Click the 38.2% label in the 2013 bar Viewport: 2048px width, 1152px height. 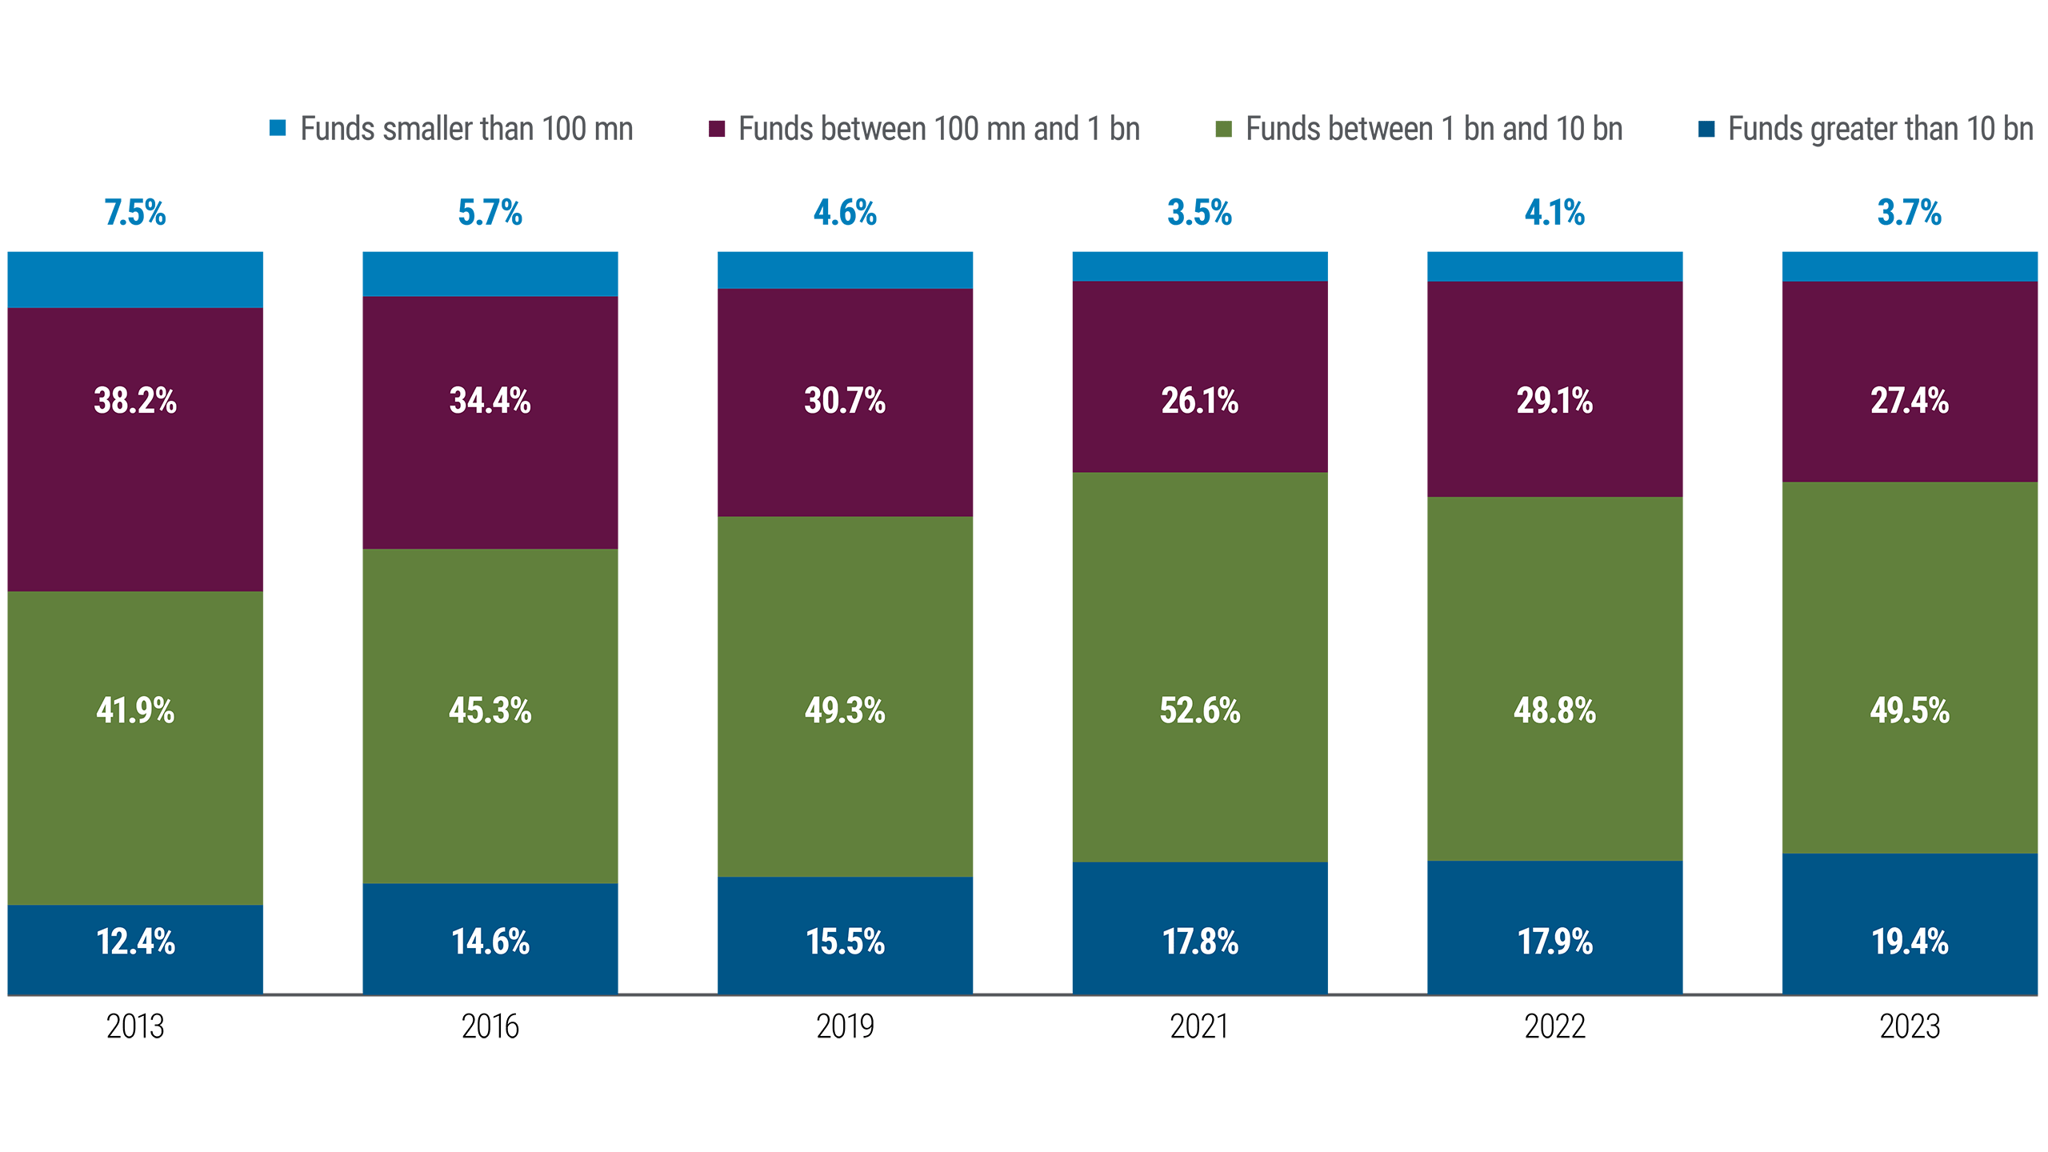pos(135,401)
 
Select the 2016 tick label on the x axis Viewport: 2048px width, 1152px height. pos(490,1026)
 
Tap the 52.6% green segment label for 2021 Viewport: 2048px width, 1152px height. pos(1199,710)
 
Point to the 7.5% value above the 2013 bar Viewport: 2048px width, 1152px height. pos(135,213)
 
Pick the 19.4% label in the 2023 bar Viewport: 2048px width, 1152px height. pos(1910,942)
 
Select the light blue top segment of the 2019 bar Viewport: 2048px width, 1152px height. pos(845,270)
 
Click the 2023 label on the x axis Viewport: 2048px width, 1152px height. pos(1910,1026)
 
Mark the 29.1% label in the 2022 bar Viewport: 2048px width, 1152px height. pos(1554,401)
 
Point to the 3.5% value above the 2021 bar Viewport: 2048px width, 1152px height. pos(1199,213)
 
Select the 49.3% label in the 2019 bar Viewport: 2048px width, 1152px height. pos(845,710)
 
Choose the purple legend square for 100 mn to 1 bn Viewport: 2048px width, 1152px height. pos(717,129)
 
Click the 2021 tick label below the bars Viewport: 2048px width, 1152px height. pos(1199,1026)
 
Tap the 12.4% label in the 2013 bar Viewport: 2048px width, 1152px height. pos(135,942)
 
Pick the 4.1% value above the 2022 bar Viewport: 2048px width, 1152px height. pos(1554,213)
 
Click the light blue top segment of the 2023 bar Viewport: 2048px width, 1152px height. pos(1910,266)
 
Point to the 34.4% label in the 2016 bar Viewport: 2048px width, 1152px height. pos(490,401)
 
